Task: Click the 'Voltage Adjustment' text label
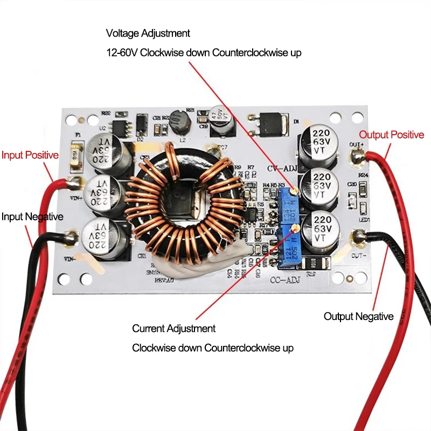[x=148, y=33]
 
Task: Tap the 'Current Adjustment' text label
[x=173, y=329]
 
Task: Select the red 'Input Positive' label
[x=30, y=155]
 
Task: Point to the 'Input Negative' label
[x=32, y=217]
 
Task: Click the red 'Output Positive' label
[x=392, y=135]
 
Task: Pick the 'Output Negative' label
[x=358, y=316]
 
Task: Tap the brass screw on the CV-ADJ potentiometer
[x=294, y=190]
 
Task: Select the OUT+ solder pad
[x=357, y=157]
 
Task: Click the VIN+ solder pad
[x=74, y=183]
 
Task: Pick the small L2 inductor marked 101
[x=179, y=127]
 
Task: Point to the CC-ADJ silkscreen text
[x=284, y=279]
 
